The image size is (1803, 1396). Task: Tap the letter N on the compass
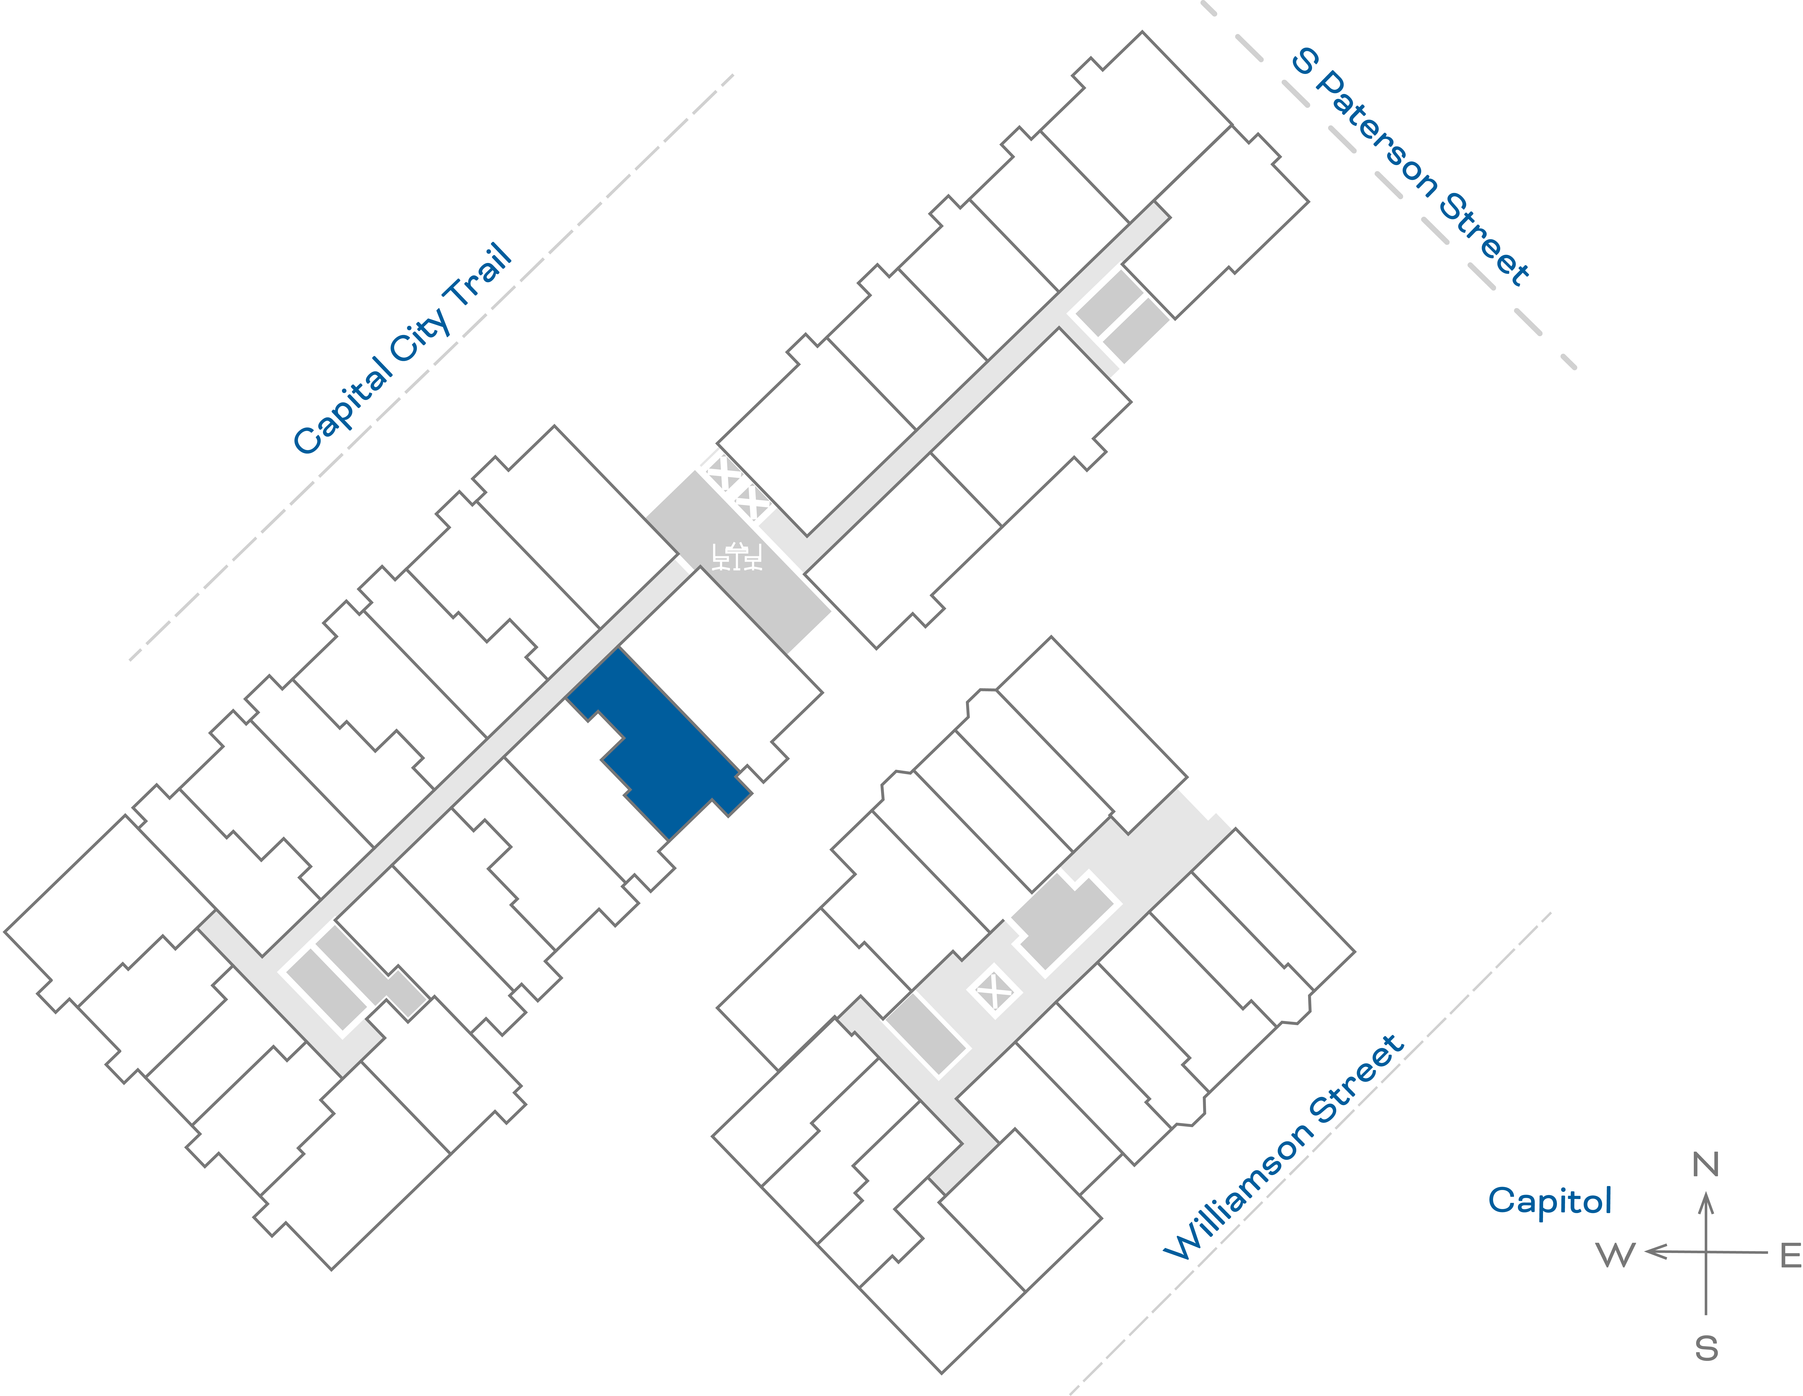point(1706,1165)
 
